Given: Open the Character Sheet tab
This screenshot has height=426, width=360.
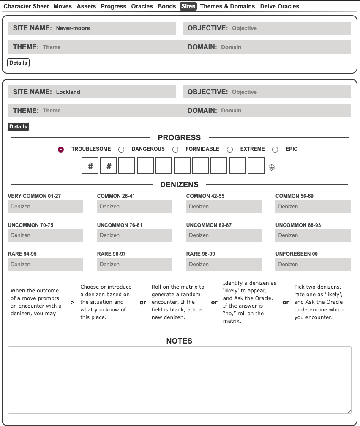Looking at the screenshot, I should click(x=26, y=6).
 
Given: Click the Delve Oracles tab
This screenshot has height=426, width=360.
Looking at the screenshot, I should click(x=279, y=6).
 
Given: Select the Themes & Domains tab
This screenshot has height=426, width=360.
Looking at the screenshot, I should click(x=227, y=6).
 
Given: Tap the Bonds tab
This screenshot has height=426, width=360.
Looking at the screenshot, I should click(x=166, y=6).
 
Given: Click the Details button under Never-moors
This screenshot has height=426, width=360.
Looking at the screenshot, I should click(x=18, y=63).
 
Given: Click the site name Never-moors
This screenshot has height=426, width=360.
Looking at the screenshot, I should click(x=73, y=28).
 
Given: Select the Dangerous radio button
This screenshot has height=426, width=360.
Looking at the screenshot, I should click(x=121, y=150).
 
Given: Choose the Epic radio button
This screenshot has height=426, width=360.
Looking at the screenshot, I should click(x=275, y=150).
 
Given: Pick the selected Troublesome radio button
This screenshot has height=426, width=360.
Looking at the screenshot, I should click(x=61, y=150).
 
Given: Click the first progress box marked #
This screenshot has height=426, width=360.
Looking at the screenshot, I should click(x=90, y=166).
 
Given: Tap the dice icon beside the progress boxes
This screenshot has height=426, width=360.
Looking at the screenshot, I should click(x=271, y=168).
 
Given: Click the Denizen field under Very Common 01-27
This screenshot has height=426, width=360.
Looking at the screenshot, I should click(x=46, y=207).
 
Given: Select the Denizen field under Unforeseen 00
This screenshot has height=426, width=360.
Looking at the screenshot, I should click(x=313, y=265).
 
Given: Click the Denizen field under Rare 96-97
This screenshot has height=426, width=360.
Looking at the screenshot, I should click(x=135, y=265).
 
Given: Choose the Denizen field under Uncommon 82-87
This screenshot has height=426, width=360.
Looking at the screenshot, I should click(x=224, y=235).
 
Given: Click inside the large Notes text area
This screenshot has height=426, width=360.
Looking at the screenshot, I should click(x=180, y=380).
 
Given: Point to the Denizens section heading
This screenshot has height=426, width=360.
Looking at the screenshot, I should click(x=179, y=185).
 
